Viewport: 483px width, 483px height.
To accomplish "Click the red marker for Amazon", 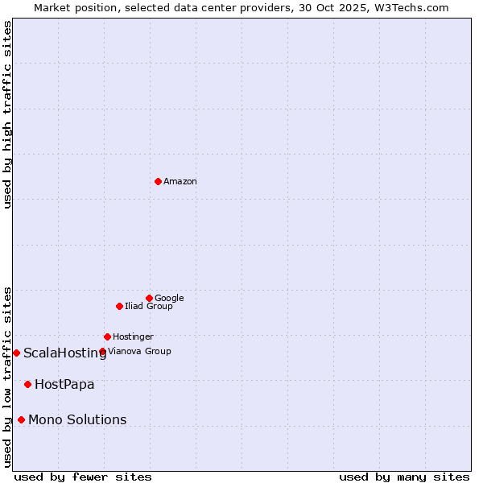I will tap(158, 181).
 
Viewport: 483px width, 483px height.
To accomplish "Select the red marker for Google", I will tap(149, 298).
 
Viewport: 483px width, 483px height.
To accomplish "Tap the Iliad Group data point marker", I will tap(119, 306).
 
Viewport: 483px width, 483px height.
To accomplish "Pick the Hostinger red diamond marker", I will tap(107, 336).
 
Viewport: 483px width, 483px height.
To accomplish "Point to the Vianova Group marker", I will tap(102, 351).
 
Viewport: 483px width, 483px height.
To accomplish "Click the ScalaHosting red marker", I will tap(16, 353).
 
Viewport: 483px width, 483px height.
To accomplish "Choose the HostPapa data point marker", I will tap(27, 384).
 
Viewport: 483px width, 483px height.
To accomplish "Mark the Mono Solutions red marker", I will tap(21, 419).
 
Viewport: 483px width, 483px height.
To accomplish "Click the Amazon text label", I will tap(180, 182).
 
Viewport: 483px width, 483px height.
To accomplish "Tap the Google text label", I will tap(169, 299).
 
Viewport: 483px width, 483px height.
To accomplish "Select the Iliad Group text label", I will tap(149, 307).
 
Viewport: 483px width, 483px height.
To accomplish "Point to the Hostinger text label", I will tap(133, 337).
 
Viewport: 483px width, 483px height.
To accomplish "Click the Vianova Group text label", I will tap(139, 352).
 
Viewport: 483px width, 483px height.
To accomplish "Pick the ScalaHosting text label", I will tap(64, 353).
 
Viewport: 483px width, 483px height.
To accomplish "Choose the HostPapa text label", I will tap(64, 385).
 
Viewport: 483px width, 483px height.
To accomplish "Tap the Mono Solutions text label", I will tap(77, 420).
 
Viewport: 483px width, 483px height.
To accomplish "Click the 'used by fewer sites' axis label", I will tap(83, 477).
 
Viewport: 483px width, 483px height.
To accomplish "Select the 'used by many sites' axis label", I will tap(404, 477).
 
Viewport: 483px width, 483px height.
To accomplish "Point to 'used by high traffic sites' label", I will tap(7, 114).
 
